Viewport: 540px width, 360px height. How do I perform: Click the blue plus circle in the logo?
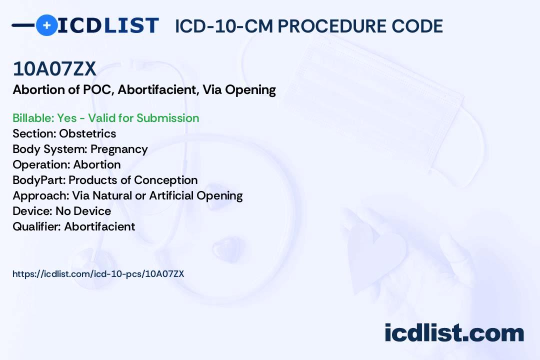[47, 25]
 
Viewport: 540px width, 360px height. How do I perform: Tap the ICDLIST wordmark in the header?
[108, 25]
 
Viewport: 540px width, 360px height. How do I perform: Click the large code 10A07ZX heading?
[54, 68]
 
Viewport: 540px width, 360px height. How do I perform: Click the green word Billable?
[33, 118]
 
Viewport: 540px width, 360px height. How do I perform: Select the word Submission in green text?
[167, 118]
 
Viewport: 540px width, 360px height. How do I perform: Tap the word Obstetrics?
[87, 133]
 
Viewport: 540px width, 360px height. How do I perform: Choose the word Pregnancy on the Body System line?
[119, 149]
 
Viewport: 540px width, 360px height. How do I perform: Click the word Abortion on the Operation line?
[97, 164]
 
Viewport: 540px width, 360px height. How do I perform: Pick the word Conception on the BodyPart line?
[165, 180]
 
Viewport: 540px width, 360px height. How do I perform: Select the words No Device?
[83, 211]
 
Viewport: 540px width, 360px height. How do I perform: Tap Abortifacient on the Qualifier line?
[99, 226]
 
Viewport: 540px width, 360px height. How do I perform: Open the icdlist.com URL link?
[98, 274]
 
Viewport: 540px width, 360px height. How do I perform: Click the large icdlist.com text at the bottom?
[454, 332]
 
